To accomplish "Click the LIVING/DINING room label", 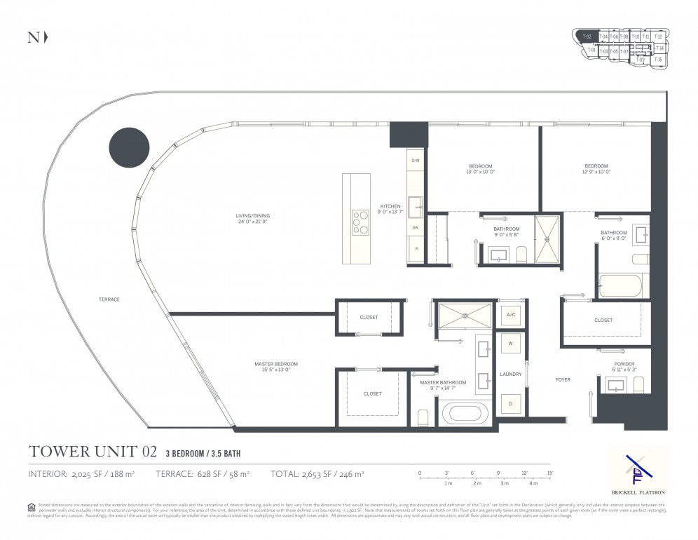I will (x=252, y=219).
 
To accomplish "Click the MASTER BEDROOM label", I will (x=275, y=367).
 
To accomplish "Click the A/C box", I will (x=510, y=315).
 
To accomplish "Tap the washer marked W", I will (x=510, y=344).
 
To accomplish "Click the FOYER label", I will (x=562, y=379).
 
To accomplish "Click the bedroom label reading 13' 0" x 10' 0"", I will (x=481, y=169).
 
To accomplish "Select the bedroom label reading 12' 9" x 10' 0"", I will (x=596, y=169).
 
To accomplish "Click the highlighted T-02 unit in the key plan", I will (x=587, y=36).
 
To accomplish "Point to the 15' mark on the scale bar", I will (x=550, y=473).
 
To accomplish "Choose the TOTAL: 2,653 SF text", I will (x=317, y=474).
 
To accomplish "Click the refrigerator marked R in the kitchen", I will (x=415, y=249).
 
